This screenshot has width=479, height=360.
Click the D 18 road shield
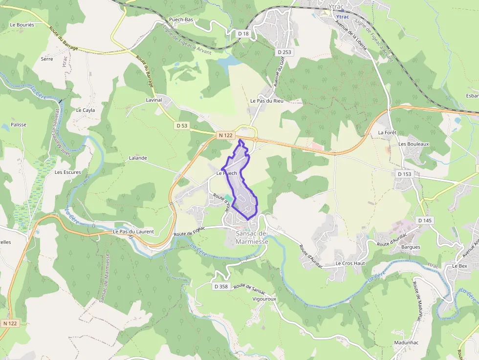point(243,34)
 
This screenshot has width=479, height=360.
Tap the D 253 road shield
point(284,52)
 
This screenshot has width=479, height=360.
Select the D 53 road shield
point(181,126)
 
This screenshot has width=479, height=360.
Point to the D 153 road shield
point(404,174)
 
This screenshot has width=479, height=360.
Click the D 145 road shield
point(425,221)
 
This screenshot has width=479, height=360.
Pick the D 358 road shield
point(221,287)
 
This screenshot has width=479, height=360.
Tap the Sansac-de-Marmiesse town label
point(252,237)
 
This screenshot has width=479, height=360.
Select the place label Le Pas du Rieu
point(267,101)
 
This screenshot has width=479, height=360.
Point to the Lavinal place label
point(153,100)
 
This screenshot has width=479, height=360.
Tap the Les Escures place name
point(67,172)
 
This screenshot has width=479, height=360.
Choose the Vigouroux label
point(264,298)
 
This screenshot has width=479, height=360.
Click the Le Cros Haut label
point(350,263)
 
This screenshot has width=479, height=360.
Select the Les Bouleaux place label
point(414,144)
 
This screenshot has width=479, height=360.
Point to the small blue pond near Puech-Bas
point(228,62)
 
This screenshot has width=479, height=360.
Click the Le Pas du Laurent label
point(133,232)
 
